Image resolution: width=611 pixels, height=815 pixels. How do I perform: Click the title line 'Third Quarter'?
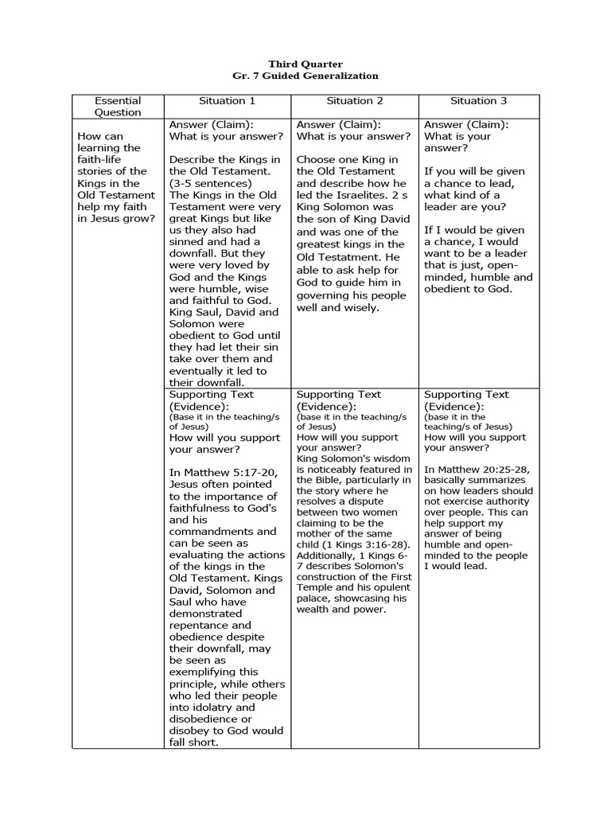coord(305,64)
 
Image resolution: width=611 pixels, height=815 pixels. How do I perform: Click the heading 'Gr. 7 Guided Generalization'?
coord(305,76)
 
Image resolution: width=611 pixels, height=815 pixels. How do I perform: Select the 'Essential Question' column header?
coord(118,106)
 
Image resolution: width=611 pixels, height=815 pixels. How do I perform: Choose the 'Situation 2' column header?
coord(355,100)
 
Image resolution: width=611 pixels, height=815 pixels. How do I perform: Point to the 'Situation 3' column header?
coord(478,100)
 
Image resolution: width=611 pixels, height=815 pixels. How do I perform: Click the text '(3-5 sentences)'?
coord(210,183)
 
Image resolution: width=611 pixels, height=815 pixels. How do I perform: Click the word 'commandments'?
coord(211,532)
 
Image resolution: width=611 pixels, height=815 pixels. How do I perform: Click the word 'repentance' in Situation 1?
coord(199,626)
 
